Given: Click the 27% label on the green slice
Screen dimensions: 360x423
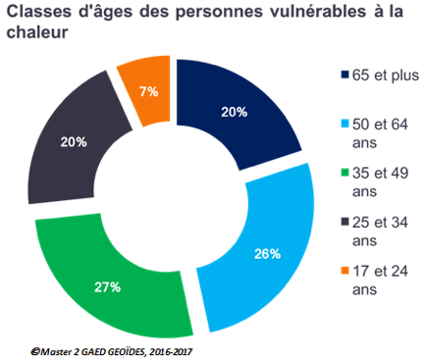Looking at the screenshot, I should click(x=107, y=286).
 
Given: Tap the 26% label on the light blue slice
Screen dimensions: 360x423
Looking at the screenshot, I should click(x=266, y=254).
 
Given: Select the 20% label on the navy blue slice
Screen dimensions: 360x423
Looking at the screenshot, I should click(x=234, y=113).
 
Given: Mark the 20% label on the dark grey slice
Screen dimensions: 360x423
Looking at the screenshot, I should click(x=73, y=141).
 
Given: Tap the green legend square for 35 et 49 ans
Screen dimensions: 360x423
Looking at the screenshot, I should click(x=344, y=173).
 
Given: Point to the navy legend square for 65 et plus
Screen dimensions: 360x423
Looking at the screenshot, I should click(x=344, y=76).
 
